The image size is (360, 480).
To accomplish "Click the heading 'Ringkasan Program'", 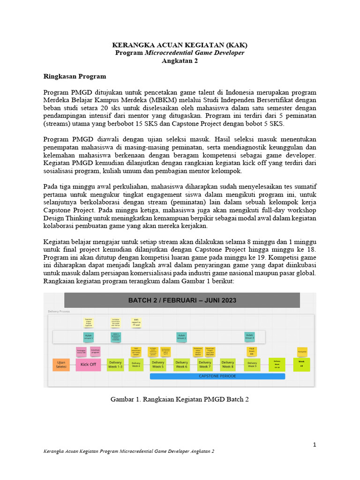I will [75, 76].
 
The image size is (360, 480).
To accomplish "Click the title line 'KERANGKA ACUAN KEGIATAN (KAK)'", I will [180, 45].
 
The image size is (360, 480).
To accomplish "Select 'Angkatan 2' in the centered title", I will [180, 61].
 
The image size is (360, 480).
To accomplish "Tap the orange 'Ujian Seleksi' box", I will [61, 364].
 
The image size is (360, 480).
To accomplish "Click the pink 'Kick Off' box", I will [88, 364].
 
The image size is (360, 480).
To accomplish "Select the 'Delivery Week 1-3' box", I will [115, 364].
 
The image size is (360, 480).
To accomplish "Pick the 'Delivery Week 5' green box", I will [158, 364].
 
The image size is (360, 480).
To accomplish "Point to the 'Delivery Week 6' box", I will [181, 364].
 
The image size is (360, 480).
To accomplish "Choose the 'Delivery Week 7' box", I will [205, 364].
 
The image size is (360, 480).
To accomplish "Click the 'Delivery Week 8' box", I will [227, 364].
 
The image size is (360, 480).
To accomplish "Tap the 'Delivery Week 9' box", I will [252, 364].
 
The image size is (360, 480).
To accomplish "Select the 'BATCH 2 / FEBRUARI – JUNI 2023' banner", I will [182, 300].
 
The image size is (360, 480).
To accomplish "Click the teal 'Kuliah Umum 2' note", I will [181, 336].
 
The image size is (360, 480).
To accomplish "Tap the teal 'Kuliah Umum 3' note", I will [250, 336].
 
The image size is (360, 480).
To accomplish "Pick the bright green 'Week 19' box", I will [301, 364].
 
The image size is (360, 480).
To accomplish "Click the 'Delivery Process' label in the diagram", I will [59, 311].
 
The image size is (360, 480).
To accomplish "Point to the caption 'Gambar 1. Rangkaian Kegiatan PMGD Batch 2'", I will [180, 399].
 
